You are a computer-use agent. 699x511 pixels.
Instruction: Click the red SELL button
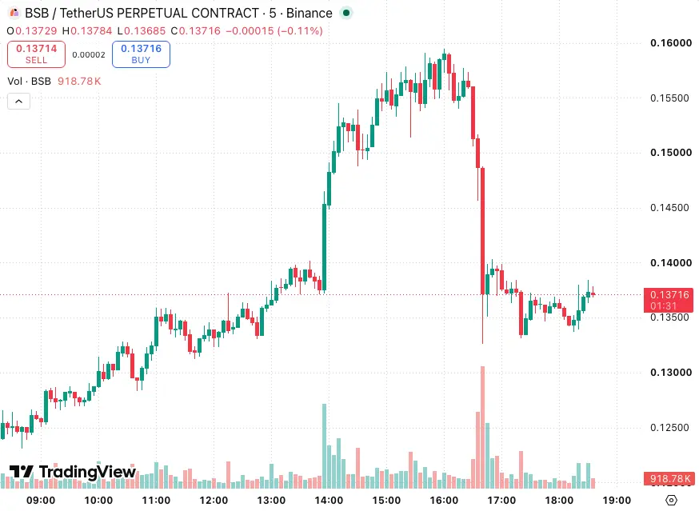36,54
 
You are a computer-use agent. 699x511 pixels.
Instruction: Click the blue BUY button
141,54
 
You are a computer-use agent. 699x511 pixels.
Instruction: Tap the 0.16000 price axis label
671,43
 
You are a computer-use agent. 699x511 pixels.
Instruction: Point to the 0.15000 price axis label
671,153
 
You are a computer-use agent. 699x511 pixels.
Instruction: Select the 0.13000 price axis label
671,373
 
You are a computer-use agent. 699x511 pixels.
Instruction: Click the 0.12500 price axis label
669,428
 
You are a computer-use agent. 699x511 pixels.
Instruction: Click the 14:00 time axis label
329,501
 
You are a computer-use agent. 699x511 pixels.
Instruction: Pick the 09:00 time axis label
41,501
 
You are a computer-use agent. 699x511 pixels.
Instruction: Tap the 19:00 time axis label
617,501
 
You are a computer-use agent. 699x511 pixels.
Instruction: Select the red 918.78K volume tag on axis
669,479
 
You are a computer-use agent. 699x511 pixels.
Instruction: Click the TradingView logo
73,472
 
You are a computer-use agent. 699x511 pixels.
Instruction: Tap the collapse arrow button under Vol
18,102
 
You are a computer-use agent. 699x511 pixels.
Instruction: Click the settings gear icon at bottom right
671,501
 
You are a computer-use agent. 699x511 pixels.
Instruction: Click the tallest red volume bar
482,427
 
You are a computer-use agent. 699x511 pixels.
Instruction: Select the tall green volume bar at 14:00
324,446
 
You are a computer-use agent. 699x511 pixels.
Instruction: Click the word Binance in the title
309,14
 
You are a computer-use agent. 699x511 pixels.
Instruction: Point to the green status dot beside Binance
346,13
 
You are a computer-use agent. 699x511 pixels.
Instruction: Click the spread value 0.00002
89,55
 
